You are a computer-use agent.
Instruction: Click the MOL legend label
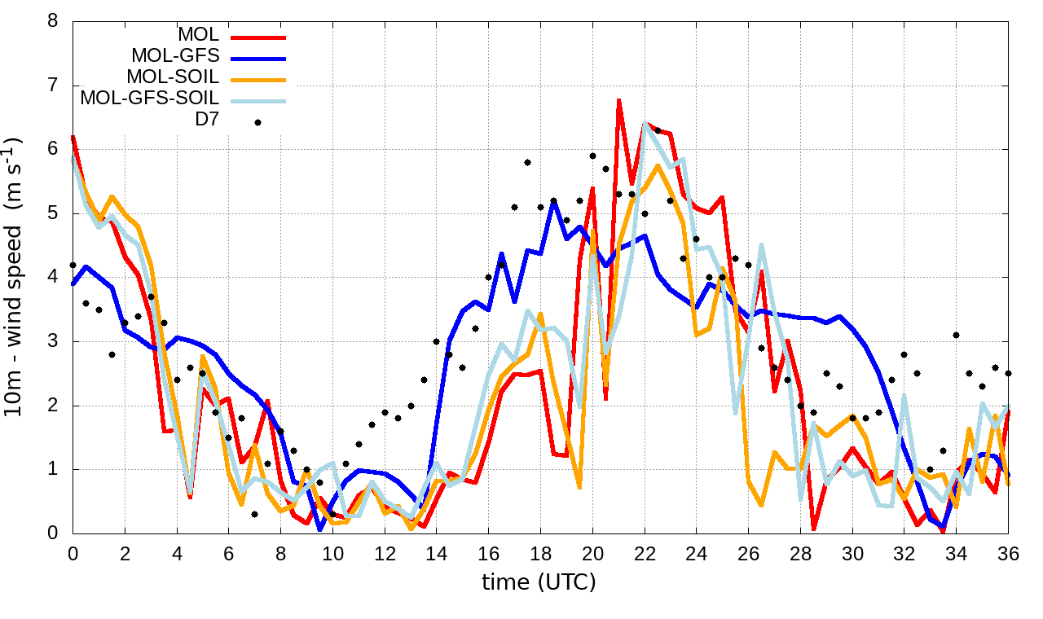tap(199, 35)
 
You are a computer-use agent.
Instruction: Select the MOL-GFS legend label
tap(175, 56)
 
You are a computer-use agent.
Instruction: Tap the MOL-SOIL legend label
tap(173, 77)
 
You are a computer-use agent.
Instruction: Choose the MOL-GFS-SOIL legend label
tap(150, 99)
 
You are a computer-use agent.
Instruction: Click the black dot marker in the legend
tap(257, 122)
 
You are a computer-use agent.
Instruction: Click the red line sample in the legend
tap(257, 37)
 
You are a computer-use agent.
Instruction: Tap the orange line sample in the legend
tap(257, 80)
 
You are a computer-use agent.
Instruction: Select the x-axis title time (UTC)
tap(539, 582)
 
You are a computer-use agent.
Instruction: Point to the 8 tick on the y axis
tap(53, 21)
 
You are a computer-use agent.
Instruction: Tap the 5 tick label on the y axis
tap(53, 213)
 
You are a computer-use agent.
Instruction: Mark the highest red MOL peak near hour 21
tap(619, 99)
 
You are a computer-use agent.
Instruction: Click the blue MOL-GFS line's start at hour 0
tap(73, 283)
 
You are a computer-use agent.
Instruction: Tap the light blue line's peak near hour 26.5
tap(761, 244)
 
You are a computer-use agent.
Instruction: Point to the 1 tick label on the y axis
tap(53, 470)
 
